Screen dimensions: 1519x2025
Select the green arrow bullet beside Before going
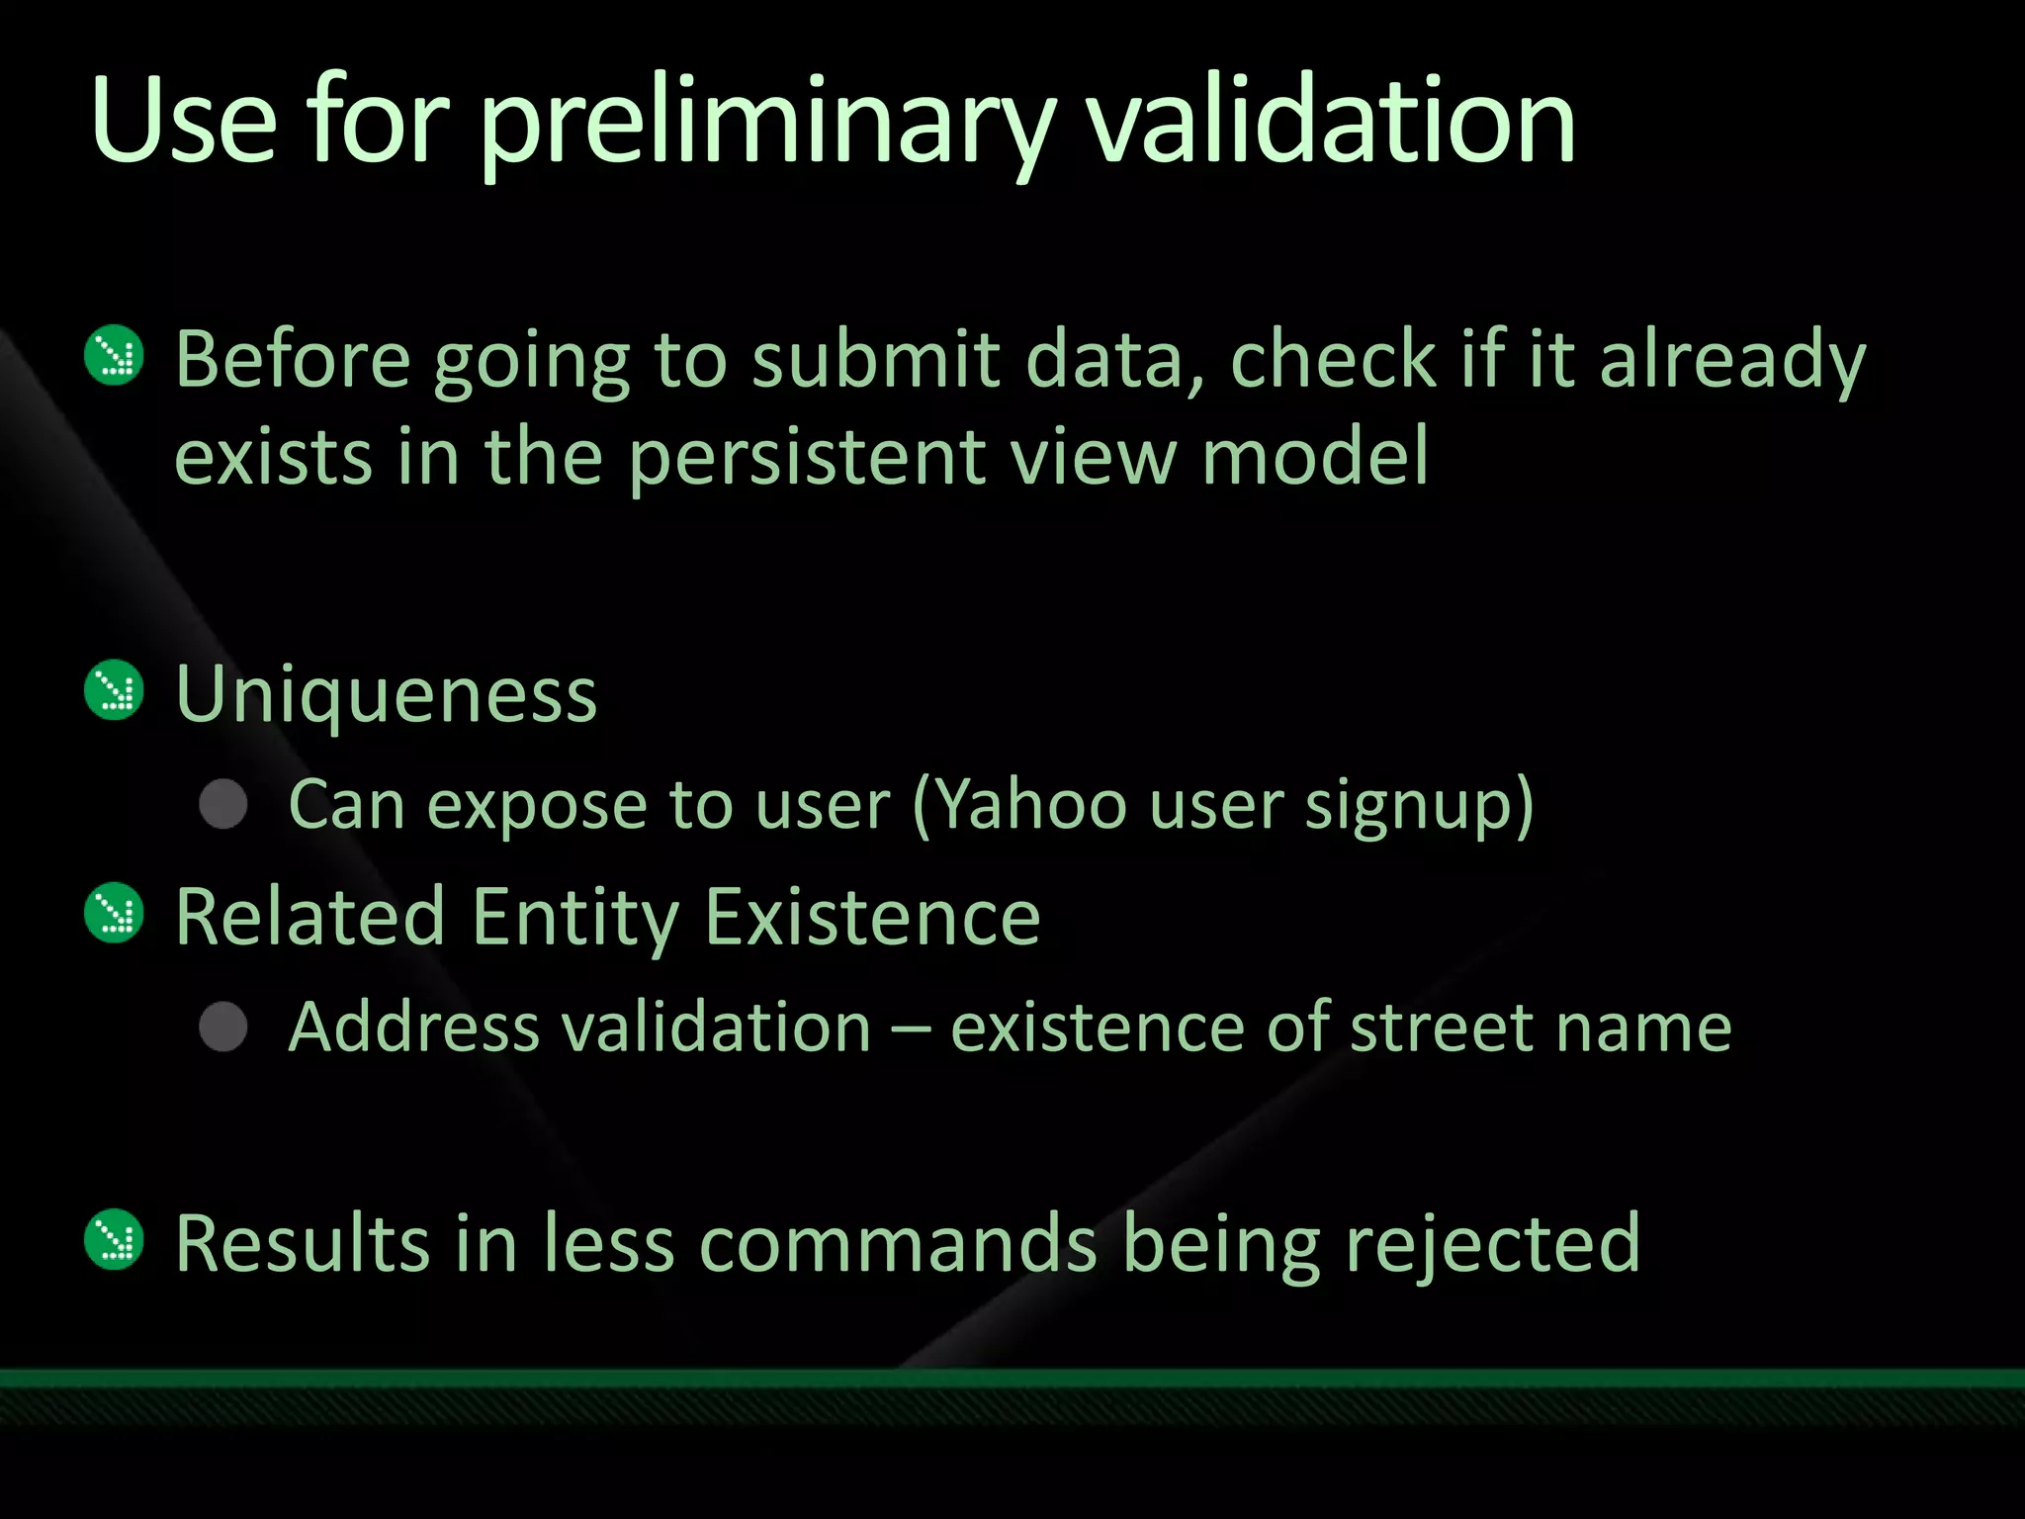point(115,355)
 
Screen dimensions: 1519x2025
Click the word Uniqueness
point(386,694)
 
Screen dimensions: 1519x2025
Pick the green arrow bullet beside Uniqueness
point(115,689)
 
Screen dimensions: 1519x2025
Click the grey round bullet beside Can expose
point(223,803)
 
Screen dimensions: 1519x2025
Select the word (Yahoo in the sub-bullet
point(1018,804)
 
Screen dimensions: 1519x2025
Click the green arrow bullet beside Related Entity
point(115,912)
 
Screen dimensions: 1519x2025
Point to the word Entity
point(574,917)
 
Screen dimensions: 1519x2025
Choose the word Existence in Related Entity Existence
point(872,917)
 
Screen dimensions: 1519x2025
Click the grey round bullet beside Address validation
point(223,1026)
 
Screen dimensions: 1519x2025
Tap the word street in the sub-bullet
point(1440,1028)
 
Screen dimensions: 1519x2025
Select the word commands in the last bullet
point(899,1243)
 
